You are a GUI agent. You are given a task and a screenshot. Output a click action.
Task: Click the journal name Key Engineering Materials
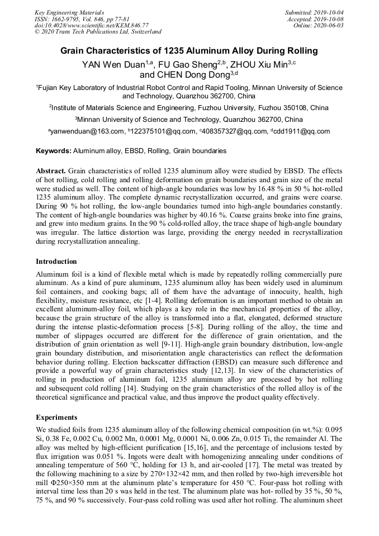click(69, 12)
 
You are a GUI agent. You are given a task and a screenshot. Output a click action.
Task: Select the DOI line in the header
click(92, 25)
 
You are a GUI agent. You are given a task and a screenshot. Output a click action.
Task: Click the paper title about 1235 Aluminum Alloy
click(189, 51)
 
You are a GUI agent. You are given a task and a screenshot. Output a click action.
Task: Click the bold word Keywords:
click(54, 151)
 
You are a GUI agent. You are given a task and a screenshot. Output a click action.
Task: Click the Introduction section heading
click(56, 261)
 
